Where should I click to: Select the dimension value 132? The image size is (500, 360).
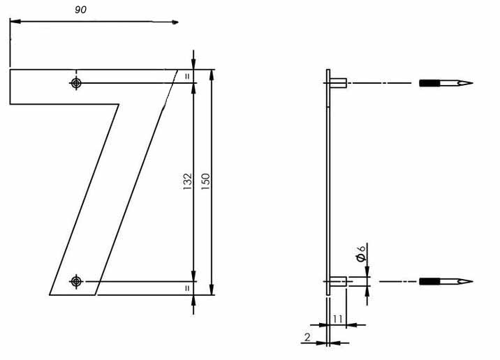pos(188,183)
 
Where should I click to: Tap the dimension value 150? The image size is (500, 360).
pos(205,181)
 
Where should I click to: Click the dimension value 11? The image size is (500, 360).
pos(337,319)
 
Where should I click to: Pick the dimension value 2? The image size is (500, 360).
pos(307,338)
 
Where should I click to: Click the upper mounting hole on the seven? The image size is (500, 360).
pos(76,84)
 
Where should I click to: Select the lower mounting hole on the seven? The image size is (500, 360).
pos(76,281)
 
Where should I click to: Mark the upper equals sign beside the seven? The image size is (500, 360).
pos(187,76)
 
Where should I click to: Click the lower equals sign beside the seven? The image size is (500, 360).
pos(187,287)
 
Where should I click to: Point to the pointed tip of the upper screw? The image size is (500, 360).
pos(470,84)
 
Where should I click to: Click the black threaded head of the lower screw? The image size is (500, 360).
pos(429,282)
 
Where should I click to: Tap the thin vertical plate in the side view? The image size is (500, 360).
pos(328,181)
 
